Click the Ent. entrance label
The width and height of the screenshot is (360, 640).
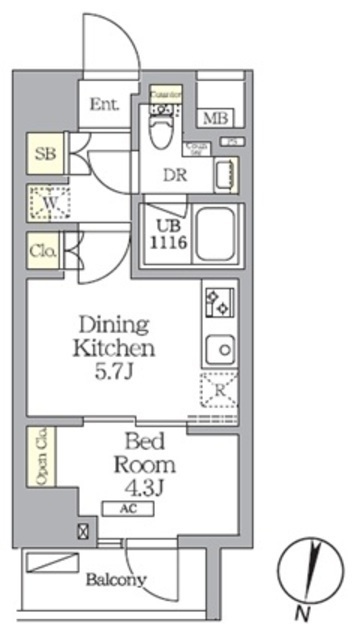[104, 103]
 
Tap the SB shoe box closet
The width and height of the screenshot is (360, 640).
[45, 155]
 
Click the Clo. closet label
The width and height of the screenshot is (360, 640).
[43, 251]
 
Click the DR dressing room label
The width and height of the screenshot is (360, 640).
[176, 172]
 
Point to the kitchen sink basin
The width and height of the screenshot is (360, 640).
[218, 349]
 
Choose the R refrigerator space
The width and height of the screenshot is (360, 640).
[218, 390]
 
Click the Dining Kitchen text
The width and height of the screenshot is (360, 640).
[113, 337]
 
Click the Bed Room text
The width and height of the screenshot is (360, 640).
[151, 455]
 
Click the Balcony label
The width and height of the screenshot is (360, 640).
[116, 579]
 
